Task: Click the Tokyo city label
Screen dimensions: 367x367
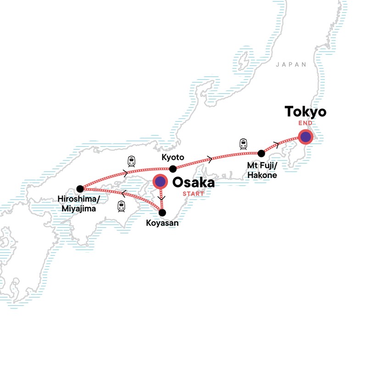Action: tap(305, 112)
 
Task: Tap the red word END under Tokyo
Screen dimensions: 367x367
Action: tap(305, 123)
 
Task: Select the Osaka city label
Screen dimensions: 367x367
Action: tap(193, 183)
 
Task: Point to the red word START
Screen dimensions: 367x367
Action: tap(194, 194)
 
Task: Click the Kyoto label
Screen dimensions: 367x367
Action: tap(173, 157)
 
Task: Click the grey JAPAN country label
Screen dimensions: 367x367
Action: tap(291, 65)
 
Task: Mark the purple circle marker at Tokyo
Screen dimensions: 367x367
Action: tap(305, 136)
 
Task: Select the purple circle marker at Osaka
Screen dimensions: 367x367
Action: tap(160, 182)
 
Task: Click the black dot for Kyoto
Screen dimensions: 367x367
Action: tap(173, 168)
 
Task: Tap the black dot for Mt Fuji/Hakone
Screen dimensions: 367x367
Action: tap(261, 153)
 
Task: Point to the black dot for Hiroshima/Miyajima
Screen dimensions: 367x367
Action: tap(80, 188)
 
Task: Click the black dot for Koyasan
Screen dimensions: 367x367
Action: tap(162, 212)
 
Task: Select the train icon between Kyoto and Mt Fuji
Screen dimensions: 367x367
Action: tap(243, 145)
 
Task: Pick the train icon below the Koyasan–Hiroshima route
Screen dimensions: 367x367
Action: tap(122, 206)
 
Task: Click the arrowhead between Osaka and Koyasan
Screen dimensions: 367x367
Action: tap(160, 199)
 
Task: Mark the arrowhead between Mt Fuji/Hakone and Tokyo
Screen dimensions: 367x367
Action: tap(275, 144)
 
